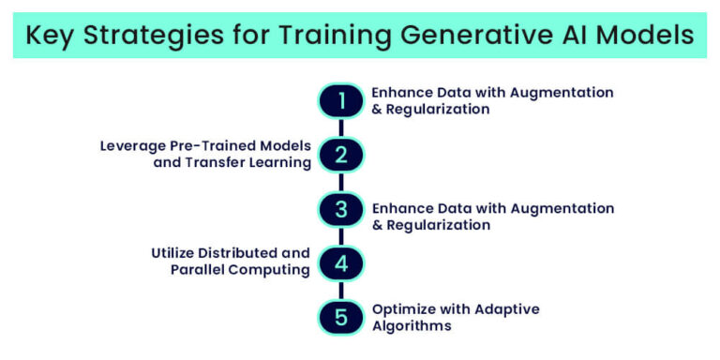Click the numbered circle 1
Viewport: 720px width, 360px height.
point(341,100)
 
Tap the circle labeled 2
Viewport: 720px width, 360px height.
point(341,155)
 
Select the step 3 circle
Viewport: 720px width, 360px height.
point(341,209)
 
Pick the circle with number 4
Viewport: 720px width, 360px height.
point(341,263)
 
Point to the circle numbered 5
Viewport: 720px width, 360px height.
point(341,317)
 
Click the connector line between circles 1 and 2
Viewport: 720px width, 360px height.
point(341,127)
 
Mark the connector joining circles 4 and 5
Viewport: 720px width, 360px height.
point(341,291)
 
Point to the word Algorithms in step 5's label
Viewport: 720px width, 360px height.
point(412,326)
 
